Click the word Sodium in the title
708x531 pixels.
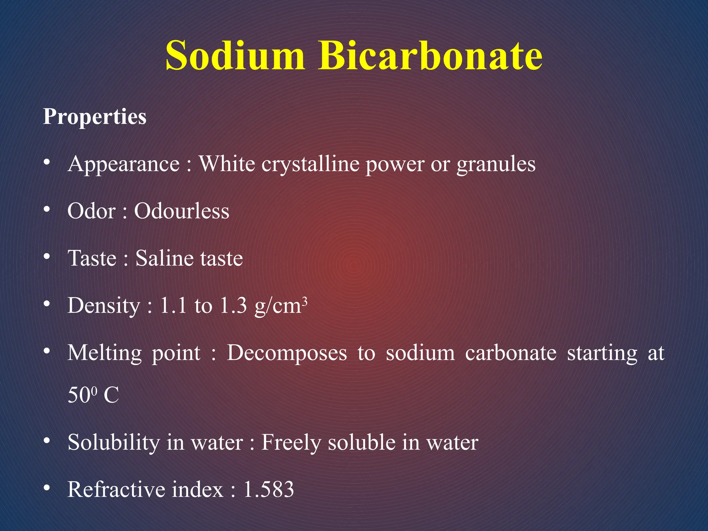235,55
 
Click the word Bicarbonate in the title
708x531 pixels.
430,55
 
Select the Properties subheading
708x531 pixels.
95,117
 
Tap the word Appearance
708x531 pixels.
124,164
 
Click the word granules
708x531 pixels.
496,164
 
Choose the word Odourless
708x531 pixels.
181,211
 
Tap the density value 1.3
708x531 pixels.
233,306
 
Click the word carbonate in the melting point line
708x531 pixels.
511,353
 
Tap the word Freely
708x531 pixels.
291,443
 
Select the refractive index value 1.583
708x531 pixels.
269,490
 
